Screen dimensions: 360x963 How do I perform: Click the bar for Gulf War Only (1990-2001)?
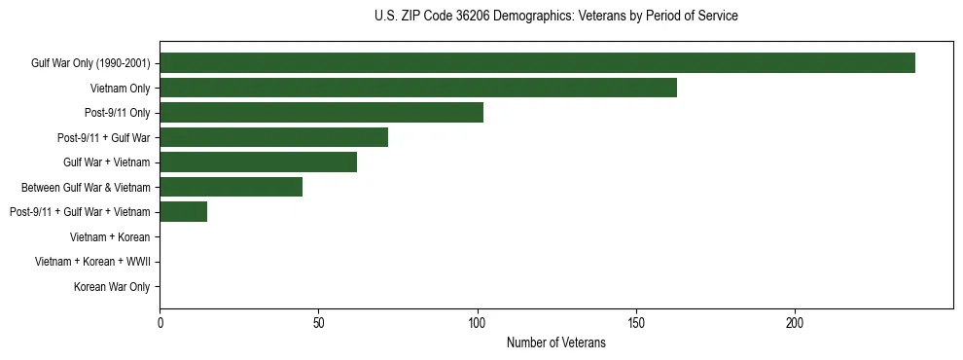537,63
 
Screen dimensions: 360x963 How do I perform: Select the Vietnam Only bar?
418,88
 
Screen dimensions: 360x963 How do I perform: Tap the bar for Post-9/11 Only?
321,113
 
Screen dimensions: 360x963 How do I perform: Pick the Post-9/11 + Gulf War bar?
273,137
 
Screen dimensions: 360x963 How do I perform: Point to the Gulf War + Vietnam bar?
258,162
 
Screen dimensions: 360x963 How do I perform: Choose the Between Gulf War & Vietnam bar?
231,187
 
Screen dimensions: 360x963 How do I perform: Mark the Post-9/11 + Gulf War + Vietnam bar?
183,212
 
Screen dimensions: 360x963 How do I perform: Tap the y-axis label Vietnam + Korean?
110,236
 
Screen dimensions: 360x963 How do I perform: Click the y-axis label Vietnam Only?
120,89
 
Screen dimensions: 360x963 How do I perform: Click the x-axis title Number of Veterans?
555,342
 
